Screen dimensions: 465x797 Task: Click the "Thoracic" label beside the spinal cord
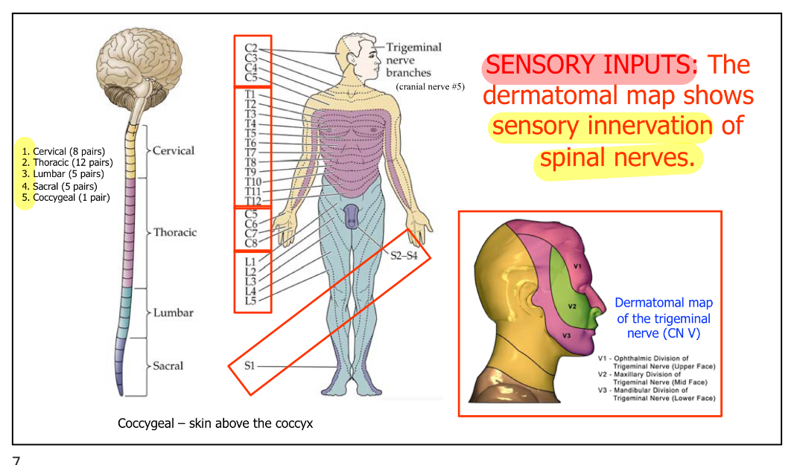[x=175, y=232]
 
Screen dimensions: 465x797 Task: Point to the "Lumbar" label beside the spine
[x=173, y=312]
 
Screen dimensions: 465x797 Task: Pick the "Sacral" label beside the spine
[x=168, y=366]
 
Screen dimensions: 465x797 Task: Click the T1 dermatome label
[x=250, y=94]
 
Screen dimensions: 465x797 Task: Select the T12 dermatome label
[x=253, y=201]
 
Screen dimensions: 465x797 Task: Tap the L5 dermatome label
[x=250, y=301]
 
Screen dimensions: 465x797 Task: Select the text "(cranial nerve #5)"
[x=431, y=86]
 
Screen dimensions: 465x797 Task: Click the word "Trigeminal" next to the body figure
[x=413, y=47]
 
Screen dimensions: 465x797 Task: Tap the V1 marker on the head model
[x=577, y=265]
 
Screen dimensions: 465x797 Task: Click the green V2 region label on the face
[x=572, y=306]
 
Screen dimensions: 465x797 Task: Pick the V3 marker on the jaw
[x=567, y=336]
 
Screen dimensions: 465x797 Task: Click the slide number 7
[x=16, y=460]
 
